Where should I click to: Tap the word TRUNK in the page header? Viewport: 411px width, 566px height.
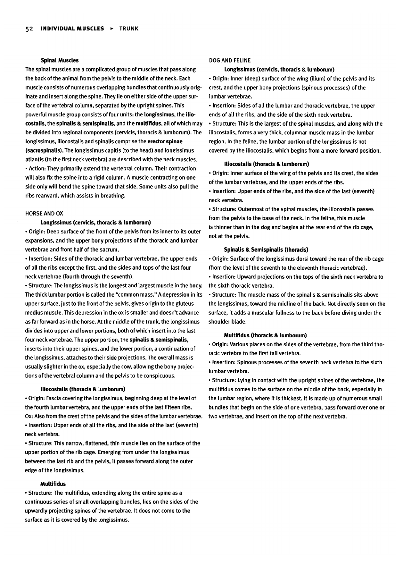pos(129,29)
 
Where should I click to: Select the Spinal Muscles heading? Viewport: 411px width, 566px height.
pos(60,60)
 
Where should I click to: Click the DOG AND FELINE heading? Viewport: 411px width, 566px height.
pos(230,60)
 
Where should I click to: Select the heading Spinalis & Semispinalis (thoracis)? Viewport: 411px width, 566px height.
pos(266,249)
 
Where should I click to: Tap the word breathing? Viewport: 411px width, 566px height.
pos(113,195)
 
